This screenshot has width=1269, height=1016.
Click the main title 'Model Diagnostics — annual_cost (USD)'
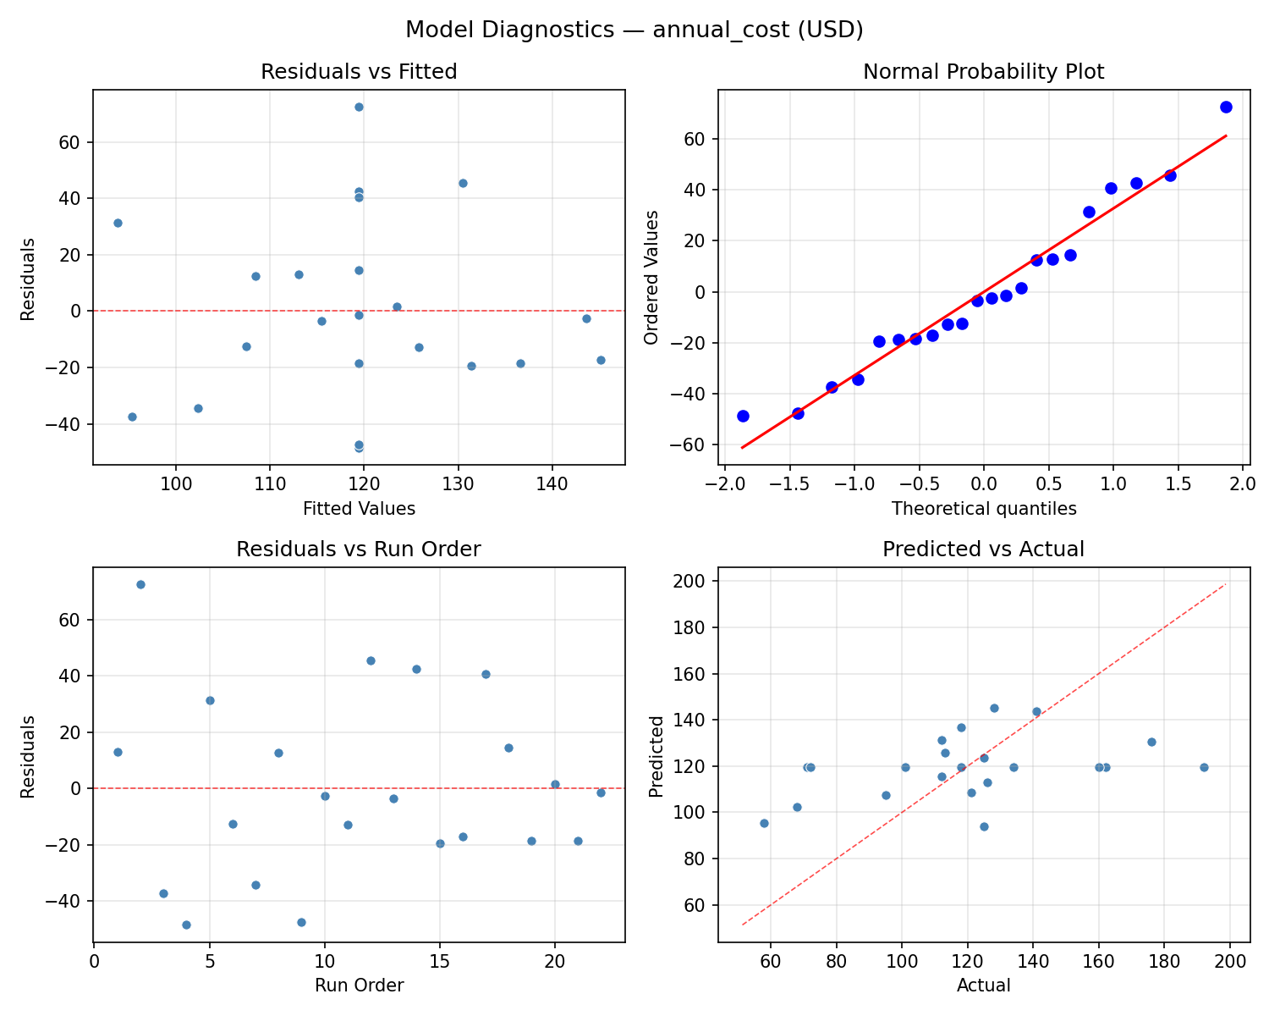pyautogui.click(x=634, y=30)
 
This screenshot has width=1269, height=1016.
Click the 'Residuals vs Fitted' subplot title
pyautogui.click(x=359, y=72)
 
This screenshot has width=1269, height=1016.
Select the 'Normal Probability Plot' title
pyautogui.click(x=983, y=72)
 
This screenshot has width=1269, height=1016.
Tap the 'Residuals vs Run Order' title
pyautogui.click(x=359, y=549)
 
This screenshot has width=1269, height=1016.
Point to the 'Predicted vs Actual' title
pyautogui.click(x=983, y=549)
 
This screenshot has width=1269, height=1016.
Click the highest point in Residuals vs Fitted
pyautogui.click(x=359, y=107)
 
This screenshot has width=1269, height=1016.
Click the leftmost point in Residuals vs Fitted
pyautogui.click(x=118, y=223)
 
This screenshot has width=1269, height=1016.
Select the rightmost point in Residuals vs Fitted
pyautogui.click(x=601, y=360)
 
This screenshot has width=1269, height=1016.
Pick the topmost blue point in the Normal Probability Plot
pyautogui.click(x=1226, y=107)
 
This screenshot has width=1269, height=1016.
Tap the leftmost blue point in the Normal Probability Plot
pyautogui.click(x=743, y=416)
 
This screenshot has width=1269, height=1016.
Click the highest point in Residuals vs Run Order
pyautogui.click(x=140, y=584)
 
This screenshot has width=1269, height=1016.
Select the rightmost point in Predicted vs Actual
pyautogui.click(x=1204, y=767)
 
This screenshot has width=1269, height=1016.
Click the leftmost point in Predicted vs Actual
pyautogui.click(x=764, y=823)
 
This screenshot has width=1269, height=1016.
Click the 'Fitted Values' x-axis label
pyautogui.click(x=359, y=509)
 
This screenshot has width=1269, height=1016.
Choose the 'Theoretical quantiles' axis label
pyautogui.click(x=983, y=509)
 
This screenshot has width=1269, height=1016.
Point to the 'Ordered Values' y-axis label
pyautogui.click(x=651, y=278)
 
